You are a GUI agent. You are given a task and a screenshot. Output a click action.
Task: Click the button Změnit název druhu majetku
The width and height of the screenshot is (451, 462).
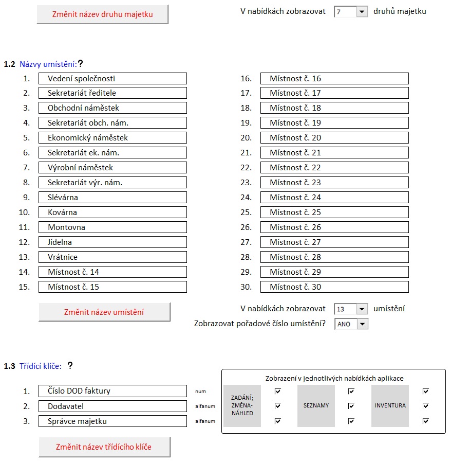tap(102, 14)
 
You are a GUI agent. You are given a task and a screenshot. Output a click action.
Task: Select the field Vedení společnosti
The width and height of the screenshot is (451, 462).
tap(112, 79)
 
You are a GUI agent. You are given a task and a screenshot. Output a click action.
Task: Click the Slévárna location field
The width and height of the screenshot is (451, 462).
tap(112, 198)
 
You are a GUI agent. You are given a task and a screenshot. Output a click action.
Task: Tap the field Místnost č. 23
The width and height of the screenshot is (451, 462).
tap(334, 183)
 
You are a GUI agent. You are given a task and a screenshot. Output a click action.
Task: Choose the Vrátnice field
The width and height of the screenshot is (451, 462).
tap(112, 257)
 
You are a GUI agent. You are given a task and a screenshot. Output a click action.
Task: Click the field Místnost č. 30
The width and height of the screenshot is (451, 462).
tap(334, 287)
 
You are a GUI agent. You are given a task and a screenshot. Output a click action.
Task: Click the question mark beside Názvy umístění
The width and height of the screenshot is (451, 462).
tap(80, 64)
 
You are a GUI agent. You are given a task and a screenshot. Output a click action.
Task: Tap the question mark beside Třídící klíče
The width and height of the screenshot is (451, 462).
tap(70, 366)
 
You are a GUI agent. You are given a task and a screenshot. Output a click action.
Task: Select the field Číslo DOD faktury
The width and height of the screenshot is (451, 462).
tap(112, 391)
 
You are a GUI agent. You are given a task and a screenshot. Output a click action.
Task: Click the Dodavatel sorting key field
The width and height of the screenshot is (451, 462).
tap(112, 406)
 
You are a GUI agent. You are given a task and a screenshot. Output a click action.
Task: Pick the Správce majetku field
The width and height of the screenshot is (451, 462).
tap(112, 421)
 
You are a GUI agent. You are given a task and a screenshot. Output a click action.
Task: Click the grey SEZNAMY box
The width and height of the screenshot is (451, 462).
tap(316, 406)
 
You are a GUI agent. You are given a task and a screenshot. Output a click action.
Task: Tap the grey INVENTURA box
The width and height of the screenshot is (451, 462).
tap(390, 406)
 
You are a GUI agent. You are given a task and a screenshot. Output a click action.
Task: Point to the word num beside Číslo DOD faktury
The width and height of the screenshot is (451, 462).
tap(200, 392)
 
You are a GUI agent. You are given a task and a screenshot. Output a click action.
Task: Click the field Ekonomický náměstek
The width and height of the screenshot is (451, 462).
tap(112, 138)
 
